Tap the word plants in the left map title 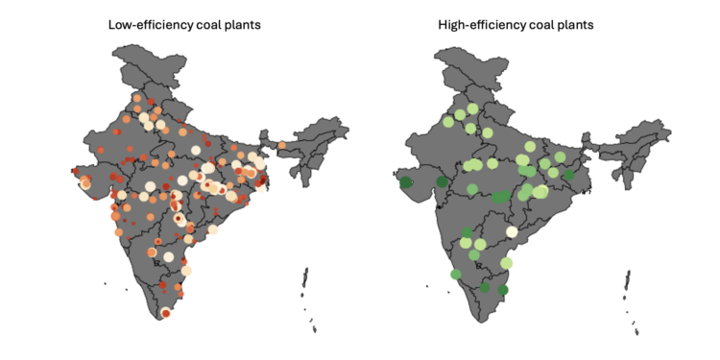pos(243,24)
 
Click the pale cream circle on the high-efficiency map pos(512,230)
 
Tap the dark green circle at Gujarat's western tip pos(406,181)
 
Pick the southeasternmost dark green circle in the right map pos(502,289)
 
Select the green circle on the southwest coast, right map pos(456,275)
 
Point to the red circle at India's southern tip pos(166,312)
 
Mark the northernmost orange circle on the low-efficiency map pos(137,98)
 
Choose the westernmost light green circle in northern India pos(448,122)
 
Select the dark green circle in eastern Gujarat pos(442,181)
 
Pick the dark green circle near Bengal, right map pos(568,175)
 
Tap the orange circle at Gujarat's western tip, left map pos(85,181)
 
